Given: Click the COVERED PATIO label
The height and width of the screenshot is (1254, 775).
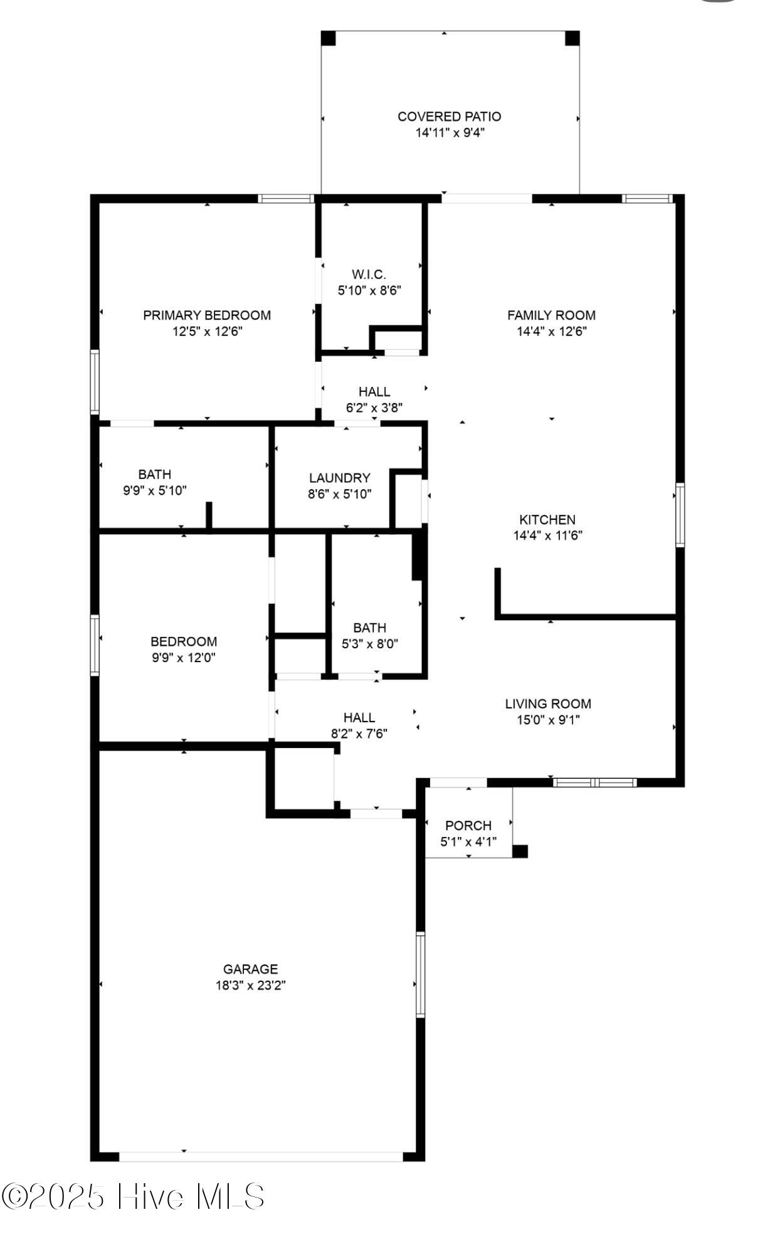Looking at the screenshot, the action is click(450, 117).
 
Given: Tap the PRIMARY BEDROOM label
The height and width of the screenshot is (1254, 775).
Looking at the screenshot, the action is click(207, 315).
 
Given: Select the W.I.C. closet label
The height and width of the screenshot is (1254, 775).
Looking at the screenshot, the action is click(369, 274).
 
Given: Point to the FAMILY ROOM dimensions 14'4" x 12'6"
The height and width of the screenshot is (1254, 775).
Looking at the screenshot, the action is click(552, 332).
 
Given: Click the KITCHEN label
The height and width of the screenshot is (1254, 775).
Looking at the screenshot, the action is click(547, 520).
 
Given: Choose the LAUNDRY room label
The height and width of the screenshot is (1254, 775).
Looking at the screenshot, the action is click(340, 478).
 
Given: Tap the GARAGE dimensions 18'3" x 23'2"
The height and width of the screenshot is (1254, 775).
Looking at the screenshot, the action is click(251, 985).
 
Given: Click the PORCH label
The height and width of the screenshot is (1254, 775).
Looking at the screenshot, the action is click(468, 826).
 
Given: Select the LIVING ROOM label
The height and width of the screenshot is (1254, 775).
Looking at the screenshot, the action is click(548, 704).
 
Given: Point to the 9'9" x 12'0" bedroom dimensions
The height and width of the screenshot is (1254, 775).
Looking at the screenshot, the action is click(184, 658).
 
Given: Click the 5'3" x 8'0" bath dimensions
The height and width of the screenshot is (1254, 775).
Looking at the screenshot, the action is click(370, 644).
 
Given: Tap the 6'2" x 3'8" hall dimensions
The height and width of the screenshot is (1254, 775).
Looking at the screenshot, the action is click(374, 408).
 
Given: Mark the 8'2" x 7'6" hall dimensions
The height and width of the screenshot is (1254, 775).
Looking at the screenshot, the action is click(359, 734).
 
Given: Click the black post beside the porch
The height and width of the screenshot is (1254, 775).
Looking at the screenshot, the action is click(520, 851).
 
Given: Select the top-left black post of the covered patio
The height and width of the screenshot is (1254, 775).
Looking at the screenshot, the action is click(329, 38).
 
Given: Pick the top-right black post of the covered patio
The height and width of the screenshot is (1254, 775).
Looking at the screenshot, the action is click(572, 38).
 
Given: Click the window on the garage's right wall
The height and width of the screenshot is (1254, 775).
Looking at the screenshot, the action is click(421, 974).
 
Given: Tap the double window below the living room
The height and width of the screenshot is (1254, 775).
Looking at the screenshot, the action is click(595, 782).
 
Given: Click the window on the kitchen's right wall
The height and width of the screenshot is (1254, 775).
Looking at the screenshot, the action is click(680, 515).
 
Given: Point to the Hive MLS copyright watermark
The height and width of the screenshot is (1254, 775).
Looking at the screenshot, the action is click(133, 1197).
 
